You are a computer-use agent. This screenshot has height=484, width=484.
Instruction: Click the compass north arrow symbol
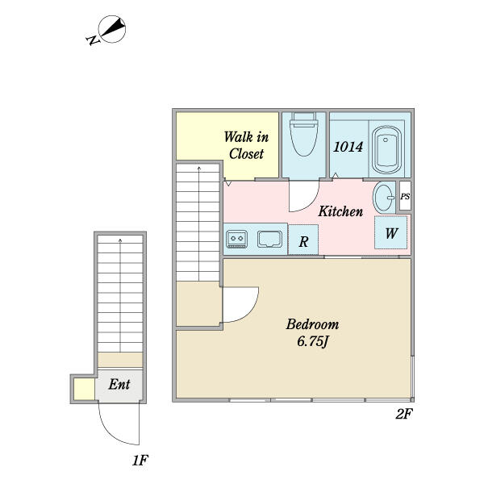[112, 29]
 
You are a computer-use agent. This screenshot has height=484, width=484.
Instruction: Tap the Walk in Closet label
[246, 145]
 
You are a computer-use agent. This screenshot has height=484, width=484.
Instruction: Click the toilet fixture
[304, 134]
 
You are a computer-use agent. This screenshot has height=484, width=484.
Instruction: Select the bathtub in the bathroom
[386, 150]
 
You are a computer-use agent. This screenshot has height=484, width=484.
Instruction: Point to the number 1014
[348, 147]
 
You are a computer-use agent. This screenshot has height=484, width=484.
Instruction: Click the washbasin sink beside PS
[384, 198]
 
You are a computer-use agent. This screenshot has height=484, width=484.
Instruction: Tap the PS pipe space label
[405, 196]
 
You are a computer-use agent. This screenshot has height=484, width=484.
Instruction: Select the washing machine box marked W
[390, 232]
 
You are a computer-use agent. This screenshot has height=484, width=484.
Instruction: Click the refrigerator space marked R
[303, 240]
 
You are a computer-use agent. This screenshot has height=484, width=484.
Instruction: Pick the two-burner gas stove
[236, 239]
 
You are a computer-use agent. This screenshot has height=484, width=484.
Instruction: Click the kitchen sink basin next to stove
[269, 239]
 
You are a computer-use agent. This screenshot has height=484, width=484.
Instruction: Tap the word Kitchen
[340, 211]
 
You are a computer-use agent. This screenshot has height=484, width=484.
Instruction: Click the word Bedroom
[312, 324]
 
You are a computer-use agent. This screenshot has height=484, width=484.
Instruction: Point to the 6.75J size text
[312, 341]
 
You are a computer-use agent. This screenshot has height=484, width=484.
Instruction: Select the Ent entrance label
[119, 384]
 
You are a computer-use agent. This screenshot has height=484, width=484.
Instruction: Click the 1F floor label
[140, 461]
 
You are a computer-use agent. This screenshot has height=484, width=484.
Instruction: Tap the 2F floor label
[404, 414]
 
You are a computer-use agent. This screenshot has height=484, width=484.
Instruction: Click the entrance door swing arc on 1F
[112, 432]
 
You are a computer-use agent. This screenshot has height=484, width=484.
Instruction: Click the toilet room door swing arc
[311, 204]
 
